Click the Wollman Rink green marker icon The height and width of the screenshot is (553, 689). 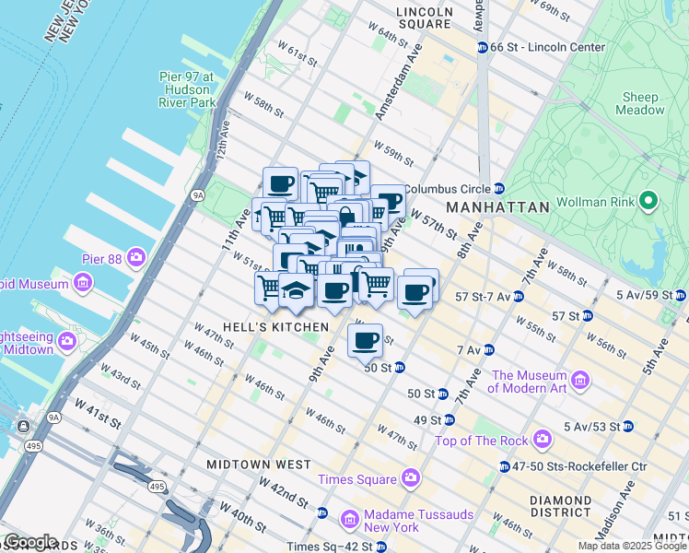(x=648, y=200)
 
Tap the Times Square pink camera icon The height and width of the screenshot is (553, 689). (x=411, y=479)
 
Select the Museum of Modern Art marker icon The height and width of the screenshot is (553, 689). (x=580, y=380)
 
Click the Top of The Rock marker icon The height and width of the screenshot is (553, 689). (x=543, y=438)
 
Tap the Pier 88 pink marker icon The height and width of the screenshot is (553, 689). (x=137, y=256)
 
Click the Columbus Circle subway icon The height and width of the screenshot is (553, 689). (x=498, y=186)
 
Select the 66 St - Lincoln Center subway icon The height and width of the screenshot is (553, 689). (x=481, y=47)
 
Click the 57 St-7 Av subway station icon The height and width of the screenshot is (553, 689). (x=519, y=297)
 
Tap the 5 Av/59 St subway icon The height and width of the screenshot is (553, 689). (x=681, y=296)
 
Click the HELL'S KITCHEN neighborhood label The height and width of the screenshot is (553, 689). (x=263, y=327)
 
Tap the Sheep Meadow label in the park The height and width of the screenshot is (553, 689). (x=641, y=103)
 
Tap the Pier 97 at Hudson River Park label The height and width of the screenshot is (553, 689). (x=187, y=89)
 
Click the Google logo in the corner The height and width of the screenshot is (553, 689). (x=30, y=541)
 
